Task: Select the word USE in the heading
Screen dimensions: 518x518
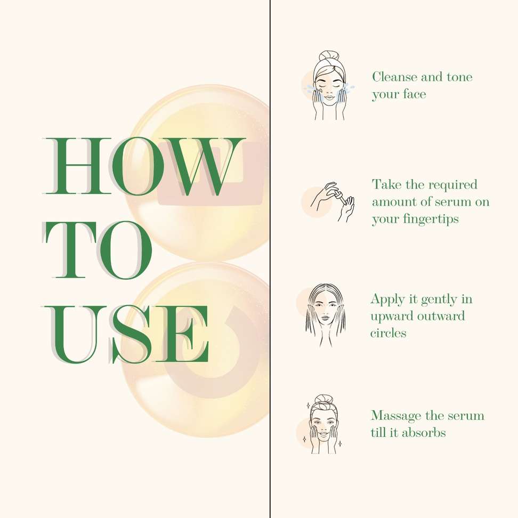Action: coord(126,334)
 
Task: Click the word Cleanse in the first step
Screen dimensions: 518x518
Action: coord(394,77)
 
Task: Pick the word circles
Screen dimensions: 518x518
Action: coord(388,333)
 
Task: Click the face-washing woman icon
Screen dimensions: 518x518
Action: coord(329,85)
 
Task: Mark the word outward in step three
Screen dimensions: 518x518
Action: coord(441,316)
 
